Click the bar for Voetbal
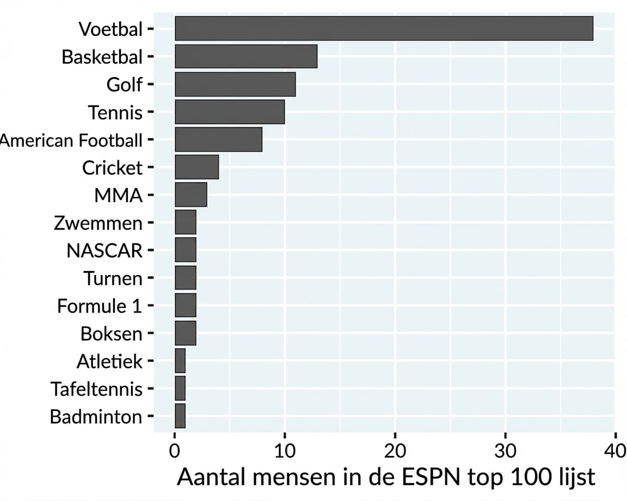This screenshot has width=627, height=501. (x=384, y=29)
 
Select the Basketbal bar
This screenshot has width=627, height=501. (x=246, y=57)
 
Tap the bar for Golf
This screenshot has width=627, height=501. (x=235, y=84)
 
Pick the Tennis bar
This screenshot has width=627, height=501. (x=230, y=112)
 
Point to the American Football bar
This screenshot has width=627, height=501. (x=218, y=140)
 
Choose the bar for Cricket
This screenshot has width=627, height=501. (x=196, y=167)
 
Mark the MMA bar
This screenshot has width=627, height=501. (x=190, y=195)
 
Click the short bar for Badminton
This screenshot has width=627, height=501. (x=180, y=416)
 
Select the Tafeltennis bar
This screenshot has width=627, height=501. (x=180, y=389)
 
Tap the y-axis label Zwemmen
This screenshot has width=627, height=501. (x=98, y=223)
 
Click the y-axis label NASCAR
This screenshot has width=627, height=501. (x=104, y=250)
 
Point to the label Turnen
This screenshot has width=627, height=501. (x=113, y=278)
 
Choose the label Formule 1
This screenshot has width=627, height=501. (x=99, y=306)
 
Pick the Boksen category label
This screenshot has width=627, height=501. (x=111, y=334)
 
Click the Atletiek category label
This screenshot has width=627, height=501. (x=109, y=361)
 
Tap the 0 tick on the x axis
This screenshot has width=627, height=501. (x=175, y=451)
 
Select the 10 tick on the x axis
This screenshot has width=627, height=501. (x=285, y=451)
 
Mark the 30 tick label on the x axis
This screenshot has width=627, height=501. (x=505, y=451)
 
